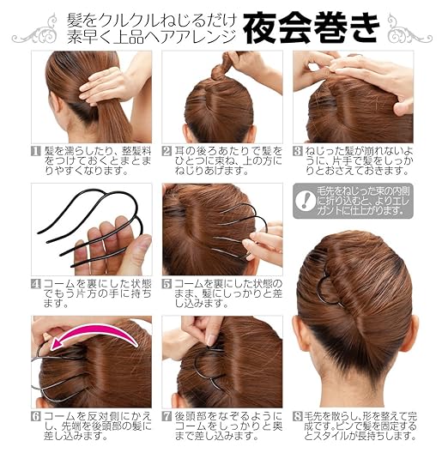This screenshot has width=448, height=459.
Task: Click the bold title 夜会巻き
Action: (310, 28)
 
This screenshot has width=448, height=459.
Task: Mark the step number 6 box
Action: (36, 417)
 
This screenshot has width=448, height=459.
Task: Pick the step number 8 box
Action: (298, 417)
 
